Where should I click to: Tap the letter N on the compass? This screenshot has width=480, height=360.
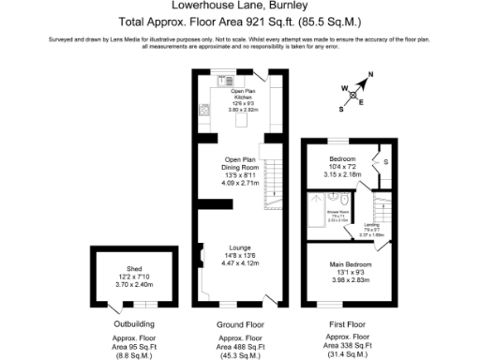370,74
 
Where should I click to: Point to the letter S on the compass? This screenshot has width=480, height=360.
341,107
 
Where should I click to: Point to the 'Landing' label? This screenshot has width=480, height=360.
371,225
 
